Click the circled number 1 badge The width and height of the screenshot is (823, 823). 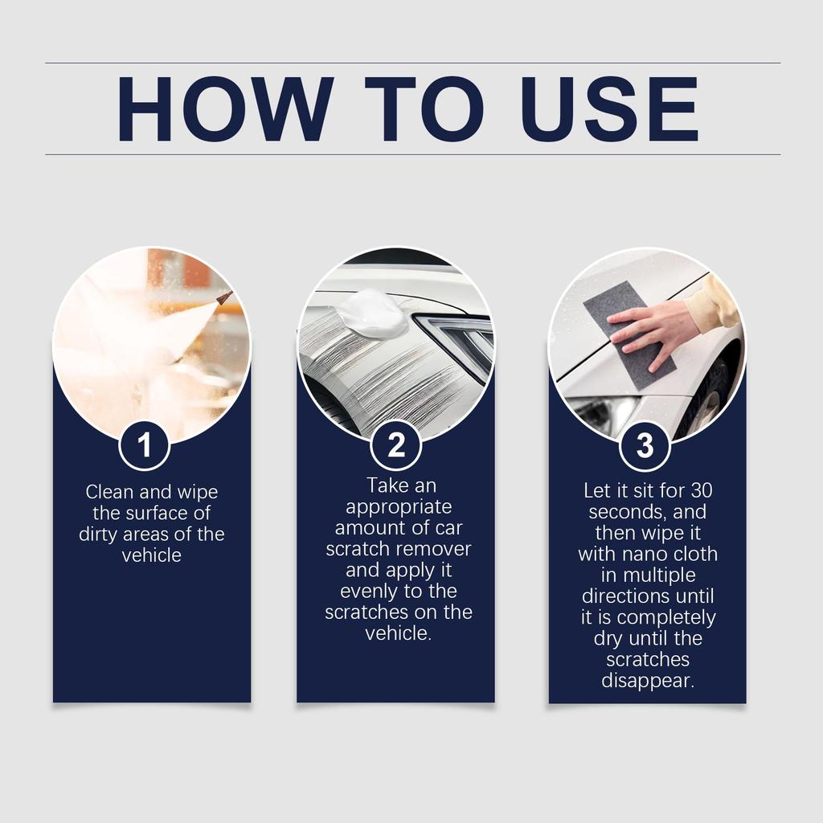[145, 445]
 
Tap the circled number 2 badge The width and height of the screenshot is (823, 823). [396, 445]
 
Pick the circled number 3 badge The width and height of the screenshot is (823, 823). [645, 445]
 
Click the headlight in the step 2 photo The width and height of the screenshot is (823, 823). [458, 338]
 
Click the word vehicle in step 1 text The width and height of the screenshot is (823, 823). [151, 555]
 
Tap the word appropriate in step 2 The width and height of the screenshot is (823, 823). [399, 507]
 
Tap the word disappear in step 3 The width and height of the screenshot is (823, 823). [647, 681]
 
